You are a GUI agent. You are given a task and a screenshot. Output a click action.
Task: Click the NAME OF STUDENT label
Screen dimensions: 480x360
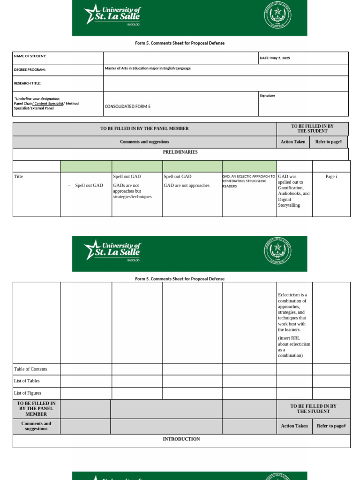[30, 56]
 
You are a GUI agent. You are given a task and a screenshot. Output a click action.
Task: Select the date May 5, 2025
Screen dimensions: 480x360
[275, 58]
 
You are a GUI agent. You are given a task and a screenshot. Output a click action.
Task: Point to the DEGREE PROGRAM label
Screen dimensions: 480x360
[30, 70]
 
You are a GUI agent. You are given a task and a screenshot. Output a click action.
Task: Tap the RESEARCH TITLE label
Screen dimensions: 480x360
[27, 83]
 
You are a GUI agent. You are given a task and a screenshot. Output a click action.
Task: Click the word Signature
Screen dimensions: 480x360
[267, 96]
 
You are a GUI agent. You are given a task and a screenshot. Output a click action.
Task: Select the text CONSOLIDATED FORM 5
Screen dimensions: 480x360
[127, 106]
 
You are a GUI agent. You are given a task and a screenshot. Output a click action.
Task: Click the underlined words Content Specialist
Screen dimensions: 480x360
[49, 104]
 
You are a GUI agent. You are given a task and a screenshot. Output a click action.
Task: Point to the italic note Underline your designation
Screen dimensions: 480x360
[37, 99]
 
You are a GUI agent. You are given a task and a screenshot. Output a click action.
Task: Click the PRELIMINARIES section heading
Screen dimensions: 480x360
[180, 152]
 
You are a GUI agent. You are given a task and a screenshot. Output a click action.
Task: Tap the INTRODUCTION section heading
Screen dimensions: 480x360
[181, 439]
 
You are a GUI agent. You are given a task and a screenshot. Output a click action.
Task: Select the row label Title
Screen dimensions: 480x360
[18, 177]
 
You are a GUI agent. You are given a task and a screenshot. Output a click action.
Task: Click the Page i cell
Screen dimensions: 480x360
[331, 177]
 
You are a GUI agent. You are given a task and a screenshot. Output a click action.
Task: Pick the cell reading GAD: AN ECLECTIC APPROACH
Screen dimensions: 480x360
[248, 181]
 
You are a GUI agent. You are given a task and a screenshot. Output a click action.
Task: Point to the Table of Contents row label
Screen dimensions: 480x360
[30, 369]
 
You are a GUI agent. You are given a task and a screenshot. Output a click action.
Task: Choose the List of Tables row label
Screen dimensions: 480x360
[27, 381]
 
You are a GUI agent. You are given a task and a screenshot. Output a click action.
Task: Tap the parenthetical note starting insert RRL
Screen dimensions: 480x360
[294, 347]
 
